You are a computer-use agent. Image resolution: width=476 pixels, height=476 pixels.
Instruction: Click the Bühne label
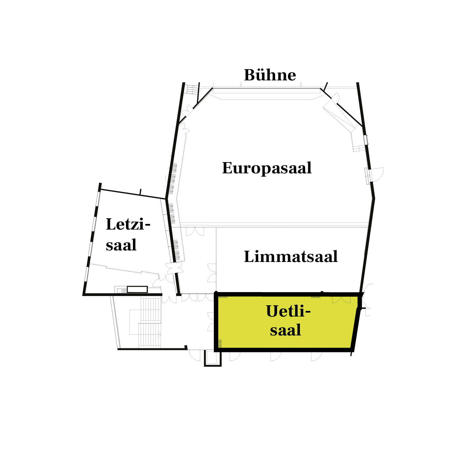[270, 75]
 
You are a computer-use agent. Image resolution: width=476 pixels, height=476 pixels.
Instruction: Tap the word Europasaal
[267, 168]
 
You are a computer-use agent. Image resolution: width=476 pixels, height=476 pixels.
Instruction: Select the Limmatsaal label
[291, 257]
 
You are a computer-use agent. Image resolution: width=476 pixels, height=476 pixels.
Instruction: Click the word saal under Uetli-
[286, 330]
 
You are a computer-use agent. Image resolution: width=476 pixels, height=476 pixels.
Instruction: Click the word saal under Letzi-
[121, 245]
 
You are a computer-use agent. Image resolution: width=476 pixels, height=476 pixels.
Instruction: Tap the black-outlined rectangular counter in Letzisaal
[137, 289]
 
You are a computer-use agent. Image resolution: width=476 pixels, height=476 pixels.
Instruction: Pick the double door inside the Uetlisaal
[341, 300]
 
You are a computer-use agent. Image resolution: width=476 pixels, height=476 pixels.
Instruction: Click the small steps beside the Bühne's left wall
[192, 89]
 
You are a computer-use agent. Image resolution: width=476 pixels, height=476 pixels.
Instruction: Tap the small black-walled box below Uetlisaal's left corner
[213, 359]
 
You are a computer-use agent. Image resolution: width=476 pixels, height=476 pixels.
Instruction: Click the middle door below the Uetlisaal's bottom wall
[276, 356]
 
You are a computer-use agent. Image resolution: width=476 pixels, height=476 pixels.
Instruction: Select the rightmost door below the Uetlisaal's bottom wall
[316, 356]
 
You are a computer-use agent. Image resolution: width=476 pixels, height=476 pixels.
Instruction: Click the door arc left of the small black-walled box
[195, 356]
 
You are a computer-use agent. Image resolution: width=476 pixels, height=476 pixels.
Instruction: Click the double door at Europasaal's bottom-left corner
[195, 232]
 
